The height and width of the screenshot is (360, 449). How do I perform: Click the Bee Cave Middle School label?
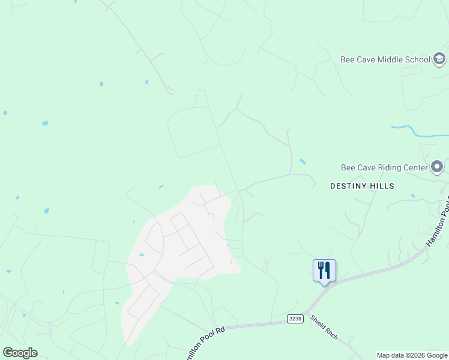385,59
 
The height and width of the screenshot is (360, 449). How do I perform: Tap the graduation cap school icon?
439,59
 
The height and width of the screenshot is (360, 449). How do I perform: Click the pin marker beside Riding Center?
438,166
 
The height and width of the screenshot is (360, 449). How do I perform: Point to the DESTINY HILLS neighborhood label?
362,186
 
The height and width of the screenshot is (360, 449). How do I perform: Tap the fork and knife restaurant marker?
324,270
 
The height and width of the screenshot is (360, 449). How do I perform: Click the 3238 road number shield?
294,319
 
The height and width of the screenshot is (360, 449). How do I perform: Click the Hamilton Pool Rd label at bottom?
203,340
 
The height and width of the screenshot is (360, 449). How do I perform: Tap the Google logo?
20,353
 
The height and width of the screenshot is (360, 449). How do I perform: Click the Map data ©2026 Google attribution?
412,355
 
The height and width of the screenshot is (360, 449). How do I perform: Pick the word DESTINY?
349,186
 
